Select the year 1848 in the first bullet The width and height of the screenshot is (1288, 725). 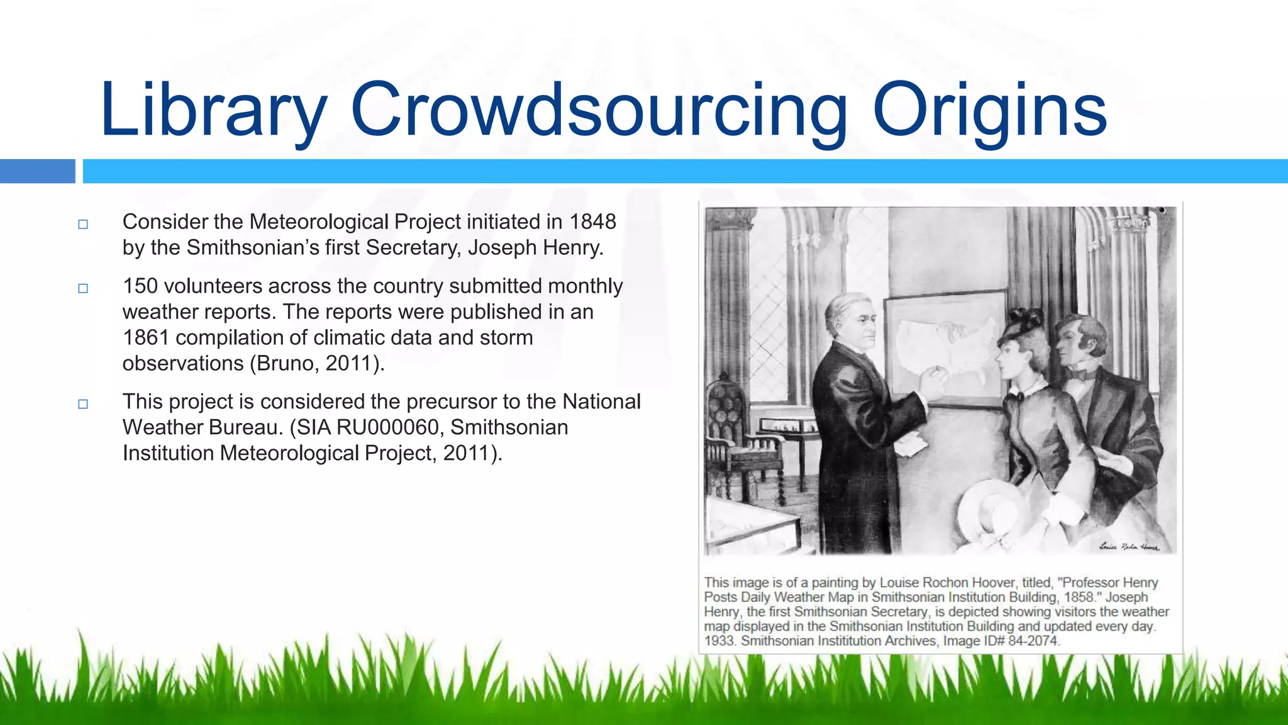(592, 222)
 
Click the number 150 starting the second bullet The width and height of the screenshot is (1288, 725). (140, 286)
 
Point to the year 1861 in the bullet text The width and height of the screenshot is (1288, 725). (146, 337)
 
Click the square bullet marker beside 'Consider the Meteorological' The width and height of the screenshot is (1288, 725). (83, 224)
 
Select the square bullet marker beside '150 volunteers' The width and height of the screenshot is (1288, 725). (83, 288)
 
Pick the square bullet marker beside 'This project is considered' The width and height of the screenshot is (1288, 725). (83, 404)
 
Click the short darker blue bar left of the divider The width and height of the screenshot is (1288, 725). (37, 171)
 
